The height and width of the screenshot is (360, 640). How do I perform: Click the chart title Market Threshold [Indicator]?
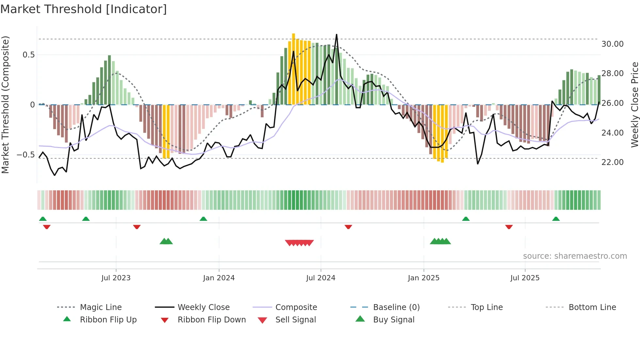tap(84, 9)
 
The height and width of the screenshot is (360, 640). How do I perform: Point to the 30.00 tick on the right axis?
tap(612, 44)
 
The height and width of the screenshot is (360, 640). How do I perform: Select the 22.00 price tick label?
tap(612, 162)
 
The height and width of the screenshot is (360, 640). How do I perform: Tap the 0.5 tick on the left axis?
tap(29, 55)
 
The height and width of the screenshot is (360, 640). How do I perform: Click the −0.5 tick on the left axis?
tap(25, 155)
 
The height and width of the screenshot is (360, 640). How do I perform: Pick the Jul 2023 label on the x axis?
tap(116, 278)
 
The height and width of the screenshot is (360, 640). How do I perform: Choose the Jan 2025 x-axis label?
tap(424, 278)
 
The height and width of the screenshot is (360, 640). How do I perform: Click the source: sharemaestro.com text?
tap(575, 256)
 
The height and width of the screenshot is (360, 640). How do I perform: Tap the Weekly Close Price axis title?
tap(634, 105)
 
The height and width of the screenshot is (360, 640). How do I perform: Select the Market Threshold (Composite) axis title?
tap(5, 105)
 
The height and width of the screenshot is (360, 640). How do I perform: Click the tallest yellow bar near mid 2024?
tap(294, 69)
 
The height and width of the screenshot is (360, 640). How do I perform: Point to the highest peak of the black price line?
tap(336, 35)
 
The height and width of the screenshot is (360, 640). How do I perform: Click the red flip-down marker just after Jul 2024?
tap(348, 227)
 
